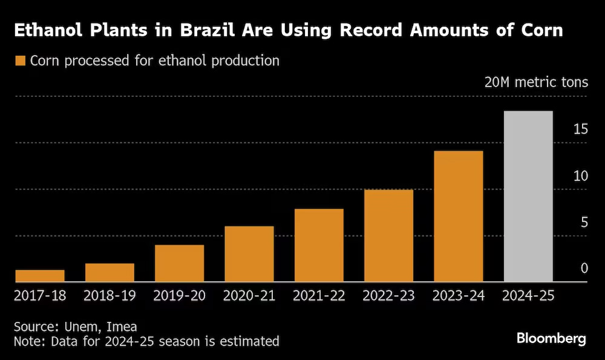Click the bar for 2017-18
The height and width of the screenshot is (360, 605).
tap(40, 276)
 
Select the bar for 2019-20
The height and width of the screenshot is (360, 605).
tap(179, 263)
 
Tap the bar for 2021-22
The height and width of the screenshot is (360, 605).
tap(319, 245)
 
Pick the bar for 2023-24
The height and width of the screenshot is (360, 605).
tap(459, 216)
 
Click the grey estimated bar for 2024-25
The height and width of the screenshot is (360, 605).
tap(528, 196)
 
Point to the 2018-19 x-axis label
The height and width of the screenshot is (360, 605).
tap(110, 296)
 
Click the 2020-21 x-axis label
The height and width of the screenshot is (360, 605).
tap(249, 296)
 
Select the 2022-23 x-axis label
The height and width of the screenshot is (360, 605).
tap(388, 296)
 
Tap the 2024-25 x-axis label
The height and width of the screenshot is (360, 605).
tap(528, 296)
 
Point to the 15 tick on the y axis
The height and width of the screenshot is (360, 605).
tap(580, 129)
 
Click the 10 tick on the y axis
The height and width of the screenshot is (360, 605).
tap(580, 175)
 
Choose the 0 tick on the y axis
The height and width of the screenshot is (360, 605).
tap(584, 268)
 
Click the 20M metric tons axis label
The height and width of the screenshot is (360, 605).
tap(536, 82)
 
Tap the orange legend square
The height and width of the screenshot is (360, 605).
tap(20, 61)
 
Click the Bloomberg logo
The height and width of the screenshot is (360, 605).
tap(551, 338)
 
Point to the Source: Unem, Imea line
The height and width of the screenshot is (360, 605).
tap(76, 326)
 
